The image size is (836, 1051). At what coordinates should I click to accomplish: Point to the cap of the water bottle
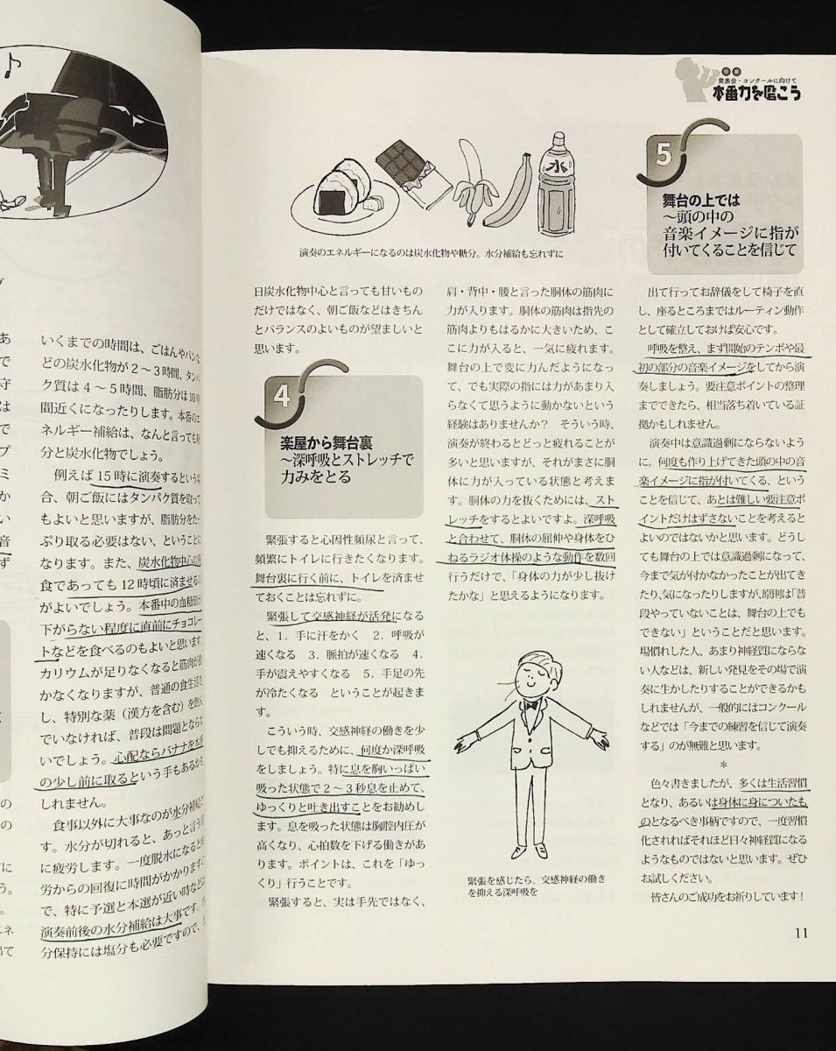(x=558, y=138)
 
